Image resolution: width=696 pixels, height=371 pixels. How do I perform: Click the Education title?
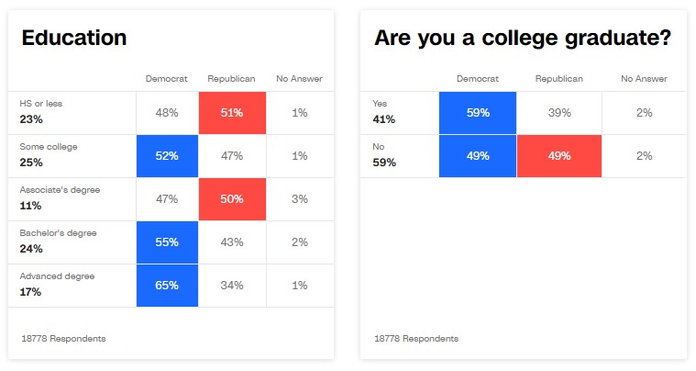(x=74, y=38)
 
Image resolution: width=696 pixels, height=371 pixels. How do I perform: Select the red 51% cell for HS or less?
(x=232, y=112)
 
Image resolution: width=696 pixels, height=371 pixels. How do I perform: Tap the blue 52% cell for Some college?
(x=167, y=156)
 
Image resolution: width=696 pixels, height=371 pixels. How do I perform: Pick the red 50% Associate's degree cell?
(x=232, y=199)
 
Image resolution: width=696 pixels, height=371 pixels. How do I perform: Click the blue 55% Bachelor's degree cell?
(x=167, y=242)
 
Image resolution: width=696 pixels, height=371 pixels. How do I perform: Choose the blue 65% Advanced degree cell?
(x=167, y=285)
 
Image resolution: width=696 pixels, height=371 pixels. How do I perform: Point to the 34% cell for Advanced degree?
(x=232, y=285)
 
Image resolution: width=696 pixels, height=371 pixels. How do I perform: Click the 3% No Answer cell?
(x=300, y=199)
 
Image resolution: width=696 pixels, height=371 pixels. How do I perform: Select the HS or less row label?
(x=41, y=104)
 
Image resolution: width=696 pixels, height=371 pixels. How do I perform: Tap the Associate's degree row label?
(x=60, y=189)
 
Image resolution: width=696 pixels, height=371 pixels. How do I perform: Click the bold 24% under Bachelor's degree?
(x=31, y=248)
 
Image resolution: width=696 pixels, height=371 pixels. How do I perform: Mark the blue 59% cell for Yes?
(x=478, y=112)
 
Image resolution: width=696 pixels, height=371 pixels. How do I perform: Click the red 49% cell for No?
(x=558, y=156)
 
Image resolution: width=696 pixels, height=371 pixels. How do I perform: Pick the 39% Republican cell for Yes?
(x=558, y=112)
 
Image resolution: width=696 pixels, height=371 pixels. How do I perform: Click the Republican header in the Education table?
(x=232, y=79)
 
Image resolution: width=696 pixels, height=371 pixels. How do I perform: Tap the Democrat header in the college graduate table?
(x=478, y=79)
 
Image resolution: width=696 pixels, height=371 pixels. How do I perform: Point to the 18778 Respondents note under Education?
(x=63, y=339)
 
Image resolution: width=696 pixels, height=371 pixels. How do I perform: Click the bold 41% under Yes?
(x=384, y=119)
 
